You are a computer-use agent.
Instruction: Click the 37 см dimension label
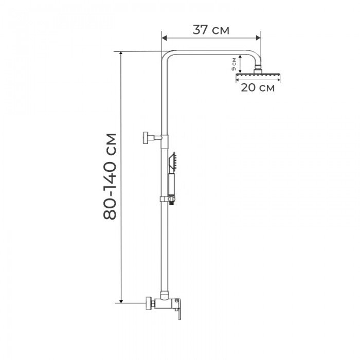click(x=211, y=30)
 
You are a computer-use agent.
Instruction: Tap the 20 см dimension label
click(x=258, y=87)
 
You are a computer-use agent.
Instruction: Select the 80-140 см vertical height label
click(x=110, y=176)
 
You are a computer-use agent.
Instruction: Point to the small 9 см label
click(x=233, y=64)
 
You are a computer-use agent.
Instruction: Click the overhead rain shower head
click(x=258, y=75)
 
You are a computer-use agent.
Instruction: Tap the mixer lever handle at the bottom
click(x=178, y=309)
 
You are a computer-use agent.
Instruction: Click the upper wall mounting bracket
click(x=152, y=138)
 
